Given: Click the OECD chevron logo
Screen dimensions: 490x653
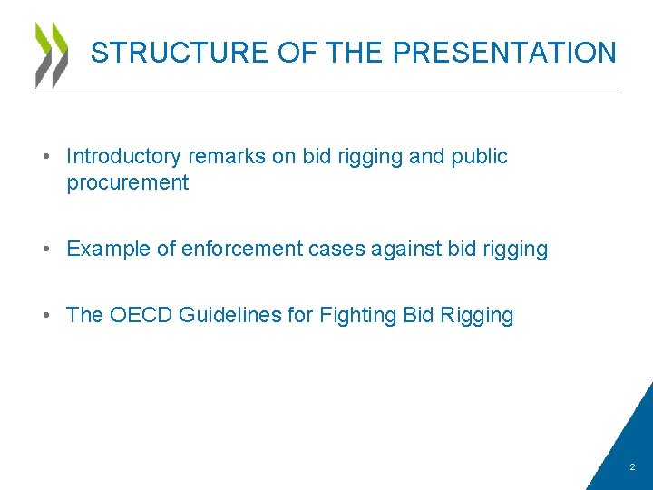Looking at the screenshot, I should [52, 54].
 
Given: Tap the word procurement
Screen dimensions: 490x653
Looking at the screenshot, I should [128, 183].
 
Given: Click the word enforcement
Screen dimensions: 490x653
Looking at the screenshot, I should [242, 249].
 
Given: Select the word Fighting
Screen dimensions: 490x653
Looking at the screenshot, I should [357, 315].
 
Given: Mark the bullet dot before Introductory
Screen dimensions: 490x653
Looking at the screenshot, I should [44, 157].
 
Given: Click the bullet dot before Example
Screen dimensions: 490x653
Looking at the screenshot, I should [44, 250].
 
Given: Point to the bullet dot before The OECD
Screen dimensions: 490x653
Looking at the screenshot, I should [44, 316].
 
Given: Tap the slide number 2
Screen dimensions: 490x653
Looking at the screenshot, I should [633, 468].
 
